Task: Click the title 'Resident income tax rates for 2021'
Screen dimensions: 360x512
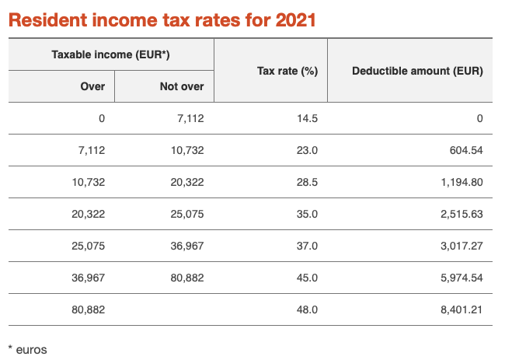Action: (162, 19)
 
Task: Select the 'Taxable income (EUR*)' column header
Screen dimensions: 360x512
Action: (110, 55)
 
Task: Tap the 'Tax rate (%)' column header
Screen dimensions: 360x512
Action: (287, 71)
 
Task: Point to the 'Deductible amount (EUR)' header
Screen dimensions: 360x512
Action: (417, 71)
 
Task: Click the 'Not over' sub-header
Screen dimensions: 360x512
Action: (181, 86)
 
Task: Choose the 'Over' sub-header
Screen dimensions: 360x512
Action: (92, 86)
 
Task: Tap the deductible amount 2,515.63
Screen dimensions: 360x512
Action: (458, 214)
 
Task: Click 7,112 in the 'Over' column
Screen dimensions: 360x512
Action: (90, 150)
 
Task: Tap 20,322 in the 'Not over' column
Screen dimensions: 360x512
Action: (186, 182)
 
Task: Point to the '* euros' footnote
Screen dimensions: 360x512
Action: (27, 350)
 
